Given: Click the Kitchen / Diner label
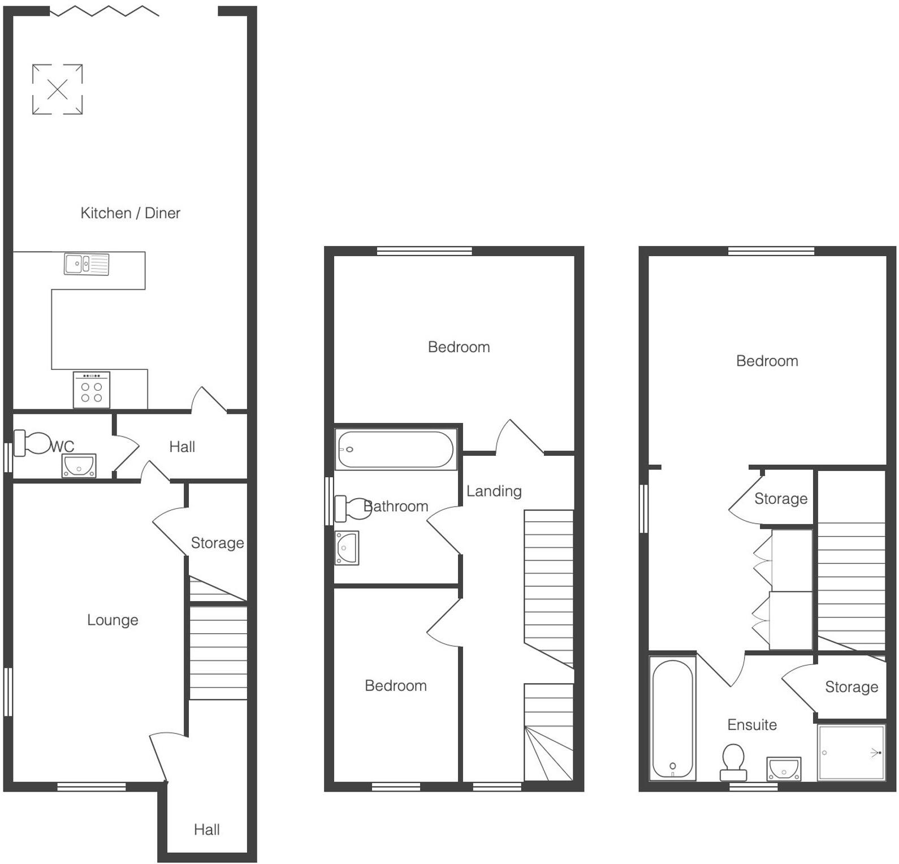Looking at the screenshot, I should click(x=130, y=213).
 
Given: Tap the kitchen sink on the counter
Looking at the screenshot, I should click(x=87, y=264).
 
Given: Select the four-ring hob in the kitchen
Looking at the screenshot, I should click(x=91, y=390).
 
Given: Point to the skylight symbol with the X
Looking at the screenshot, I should click(x=57, y=89).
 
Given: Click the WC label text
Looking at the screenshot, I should click(x=62, y=447).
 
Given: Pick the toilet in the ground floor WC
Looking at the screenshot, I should click(x=33, y=443).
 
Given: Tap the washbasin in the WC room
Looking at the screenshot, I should click(x=79, y=466).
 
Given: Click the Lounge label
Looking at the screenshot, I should click(x=113, y=620).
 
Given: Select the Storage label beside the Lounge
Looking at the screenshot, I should click(x=217, y=543).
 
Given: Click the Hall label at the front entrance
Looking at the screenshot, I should click(x=206, y=830).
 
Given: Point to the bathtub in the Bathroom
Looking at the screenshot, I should click(x=396, y=450).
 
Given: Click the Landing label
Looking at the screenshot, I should click(x=494, y=491).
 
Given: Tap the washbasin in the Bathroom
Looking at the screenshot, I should click(x=347, y=547).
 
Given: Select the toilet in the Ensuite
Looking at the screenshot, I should click(x=733, y=761).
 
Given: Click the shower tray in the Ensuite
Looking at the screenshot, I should click(x=851, y=753).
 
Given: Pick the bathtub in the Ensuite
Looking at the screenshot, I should click(x=672, y=719).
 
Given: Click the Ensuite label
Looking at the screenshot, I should click(x=751, y=724).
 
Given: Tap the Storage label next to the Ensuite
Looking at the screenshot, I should click(x=851, y=687).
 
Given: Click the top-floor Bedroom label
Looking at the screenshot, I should click(x=767, y=361).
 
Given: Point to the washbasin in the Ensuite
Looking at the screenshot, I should click(x=784, y=769).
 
